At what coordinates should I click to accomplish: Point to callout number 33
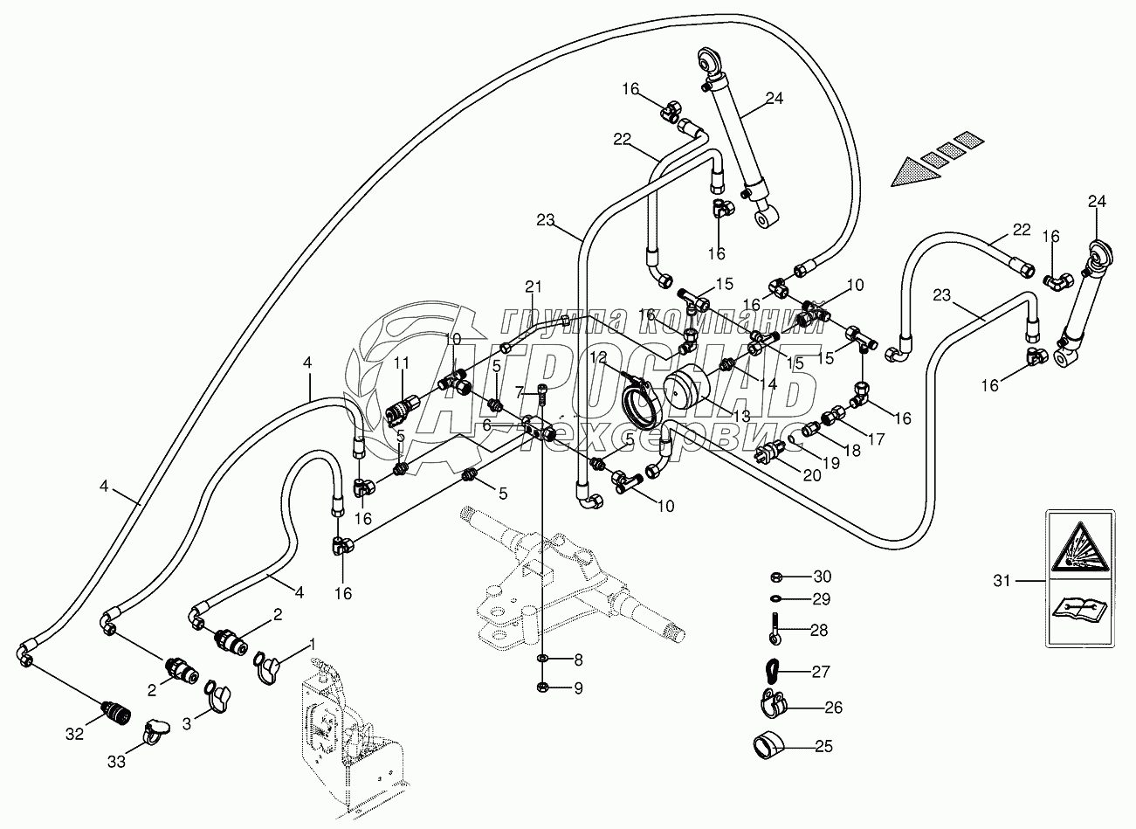(x=116, y=762)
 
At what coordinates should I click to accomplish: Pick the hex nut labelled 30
(x=776, y=577)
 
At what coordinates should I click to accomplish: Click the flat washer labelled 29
(x=776, y=599)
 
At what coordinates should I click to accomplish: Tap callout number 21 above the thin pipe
(x=534, y=286)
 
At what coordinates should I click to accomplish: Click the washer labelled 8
(x=542, y=657)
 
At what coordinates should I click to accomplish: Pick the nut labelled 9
(x=542, y=686)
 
